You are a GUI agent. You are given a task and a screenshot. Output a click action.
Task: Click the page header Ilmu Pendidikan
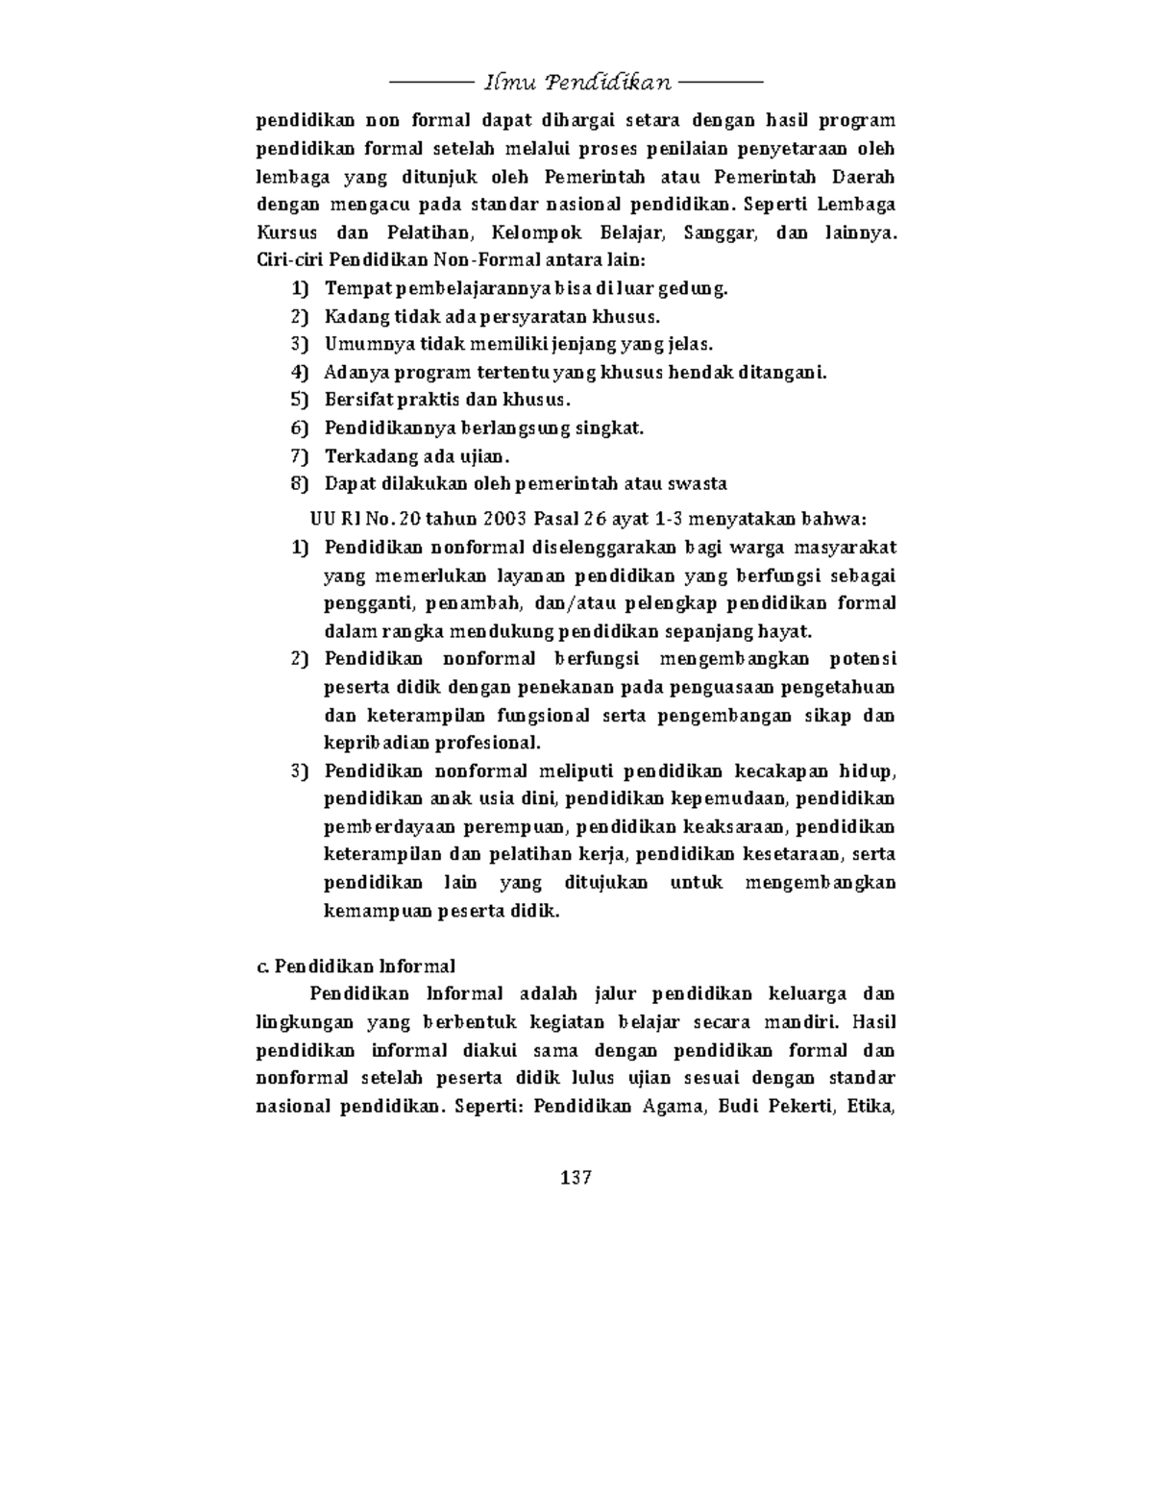point(576,82)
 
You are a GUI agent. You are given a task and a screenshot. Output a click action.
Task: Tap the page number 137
point(576,1177)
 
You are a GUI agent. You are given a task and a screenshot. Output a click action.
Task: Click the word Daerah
point(864,177)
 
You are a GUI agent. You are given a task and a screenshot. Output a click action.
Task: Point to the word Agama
point(673,1105)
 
